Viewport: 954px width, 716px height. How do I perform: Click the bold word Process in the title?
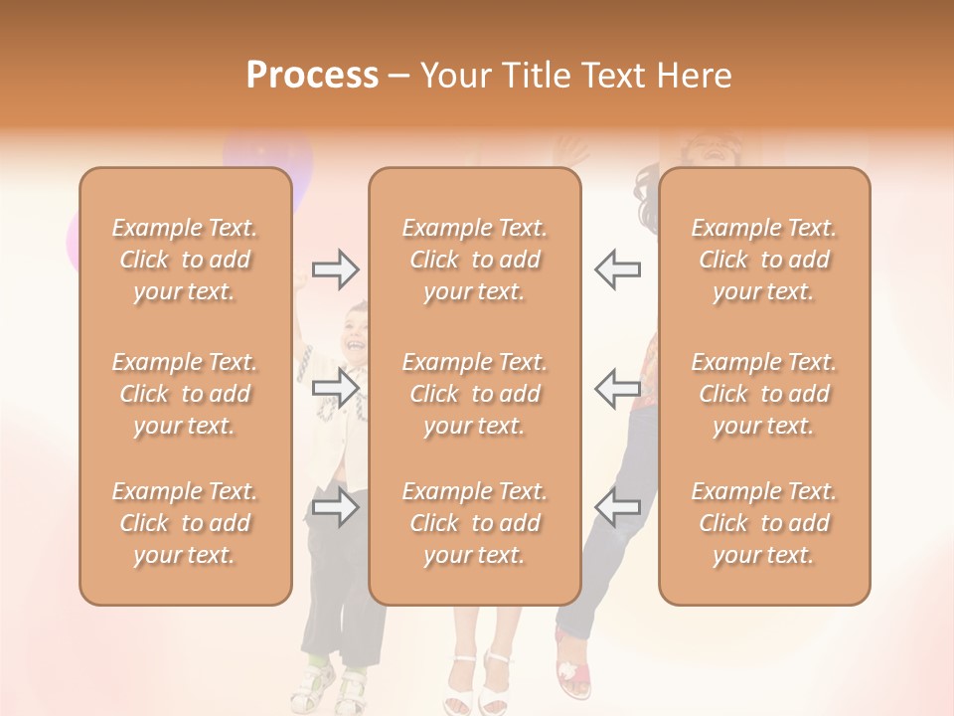click(x=312, y=76)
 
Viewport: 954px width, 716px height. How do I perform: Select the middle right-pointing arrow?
click(x=335, y=387)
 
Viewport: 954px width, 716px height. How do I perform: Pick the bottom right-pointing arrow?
click(x=335, y=507)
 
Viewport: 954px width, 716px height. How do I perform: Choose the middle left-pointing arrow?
click(x=618, y=387)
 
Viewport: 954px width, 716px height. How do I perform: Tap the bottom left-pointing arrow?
click(x=618, y=507)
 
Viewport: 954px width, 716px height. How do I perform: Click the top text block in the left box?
click(x=185, y=260)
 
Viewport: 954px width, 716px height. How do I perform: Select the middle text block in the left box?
click(x=185, y=394)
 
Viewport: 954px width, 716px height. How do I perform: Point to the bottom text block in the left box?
click(x=185, y=523)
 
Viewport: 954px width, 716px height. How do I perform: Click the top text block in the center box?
click(x=475, y=260)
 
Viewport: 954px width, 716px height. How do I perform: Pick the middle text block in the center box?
click(x=475, y=394)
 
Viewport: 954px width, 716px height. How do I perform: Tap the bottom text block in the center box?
click(x=475, y=523)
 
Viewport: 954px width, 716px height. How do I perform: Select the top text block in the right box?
click(x=764, y=260)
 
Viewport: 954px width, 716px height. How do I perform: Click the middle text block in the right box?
click(x=764, y=394)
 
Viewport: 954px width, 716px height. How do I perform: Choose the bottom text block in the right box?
click(x=764, y=523)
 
